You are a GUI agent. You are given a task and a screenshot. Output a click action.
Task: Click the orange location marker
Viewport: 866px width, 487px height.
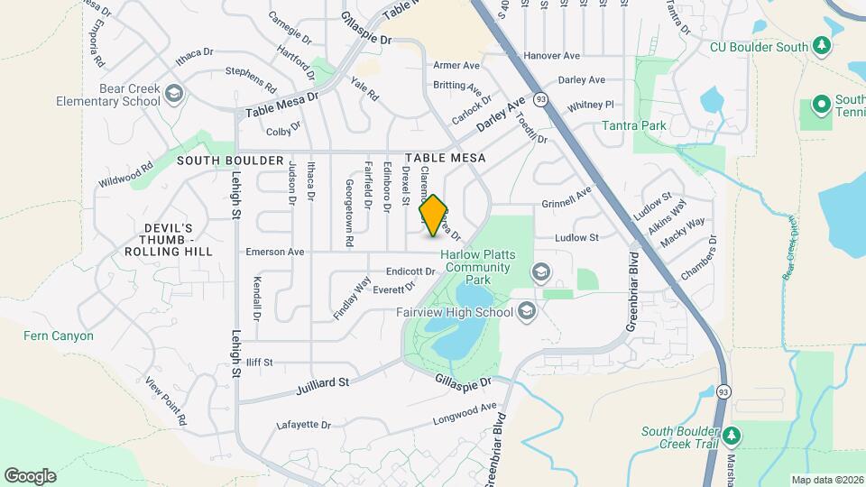(433, 216)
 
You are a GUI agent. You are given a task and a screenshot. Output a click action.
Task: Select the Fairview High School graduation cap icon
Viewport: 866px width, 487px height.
(527, 312)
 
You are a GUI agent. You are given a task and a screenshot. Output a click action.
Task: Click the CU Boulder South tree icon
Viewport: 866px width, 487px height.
(821, 45)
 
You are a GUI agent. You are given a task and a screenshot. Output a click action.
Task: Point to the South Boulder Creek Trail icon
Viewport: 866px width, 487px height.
(732, 436)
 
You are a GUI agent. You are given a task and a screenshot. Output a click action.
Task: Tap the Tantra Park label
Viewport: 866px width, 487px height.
(635, 125)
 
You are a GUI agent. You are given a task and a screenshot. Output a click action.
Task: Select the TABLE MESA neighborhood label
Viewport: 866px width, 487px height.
(446, 158)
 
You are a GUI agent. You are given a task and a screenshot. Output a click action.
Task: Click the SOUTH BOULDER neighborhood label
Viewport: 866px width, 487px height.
(230, 160)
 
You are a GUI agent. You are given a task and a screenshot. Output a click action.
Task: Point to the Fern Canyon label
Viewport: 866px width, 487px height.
(58, 335)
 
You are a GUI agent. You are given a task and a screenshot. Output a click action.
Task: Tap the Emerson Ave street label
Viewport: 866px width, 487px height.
(275, 253)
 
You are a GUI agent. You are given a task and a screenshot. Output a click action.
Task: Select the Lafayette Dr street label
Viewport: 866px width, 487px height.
(304, 424)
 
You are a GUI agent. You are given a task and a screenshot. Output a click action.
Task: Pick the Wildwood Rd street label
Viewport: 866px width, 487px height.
(126, 171)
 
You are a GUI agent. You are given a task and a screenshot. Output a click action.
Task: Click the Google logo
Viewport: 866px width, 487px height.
(30, 476)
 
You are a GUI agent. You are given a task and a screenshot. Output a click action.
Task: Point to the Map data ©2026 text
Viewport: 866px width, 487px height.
(826, 480)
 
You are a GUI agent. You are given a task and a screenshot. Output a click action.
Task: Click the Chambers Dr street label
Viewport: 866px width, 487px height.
(698, 259)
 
